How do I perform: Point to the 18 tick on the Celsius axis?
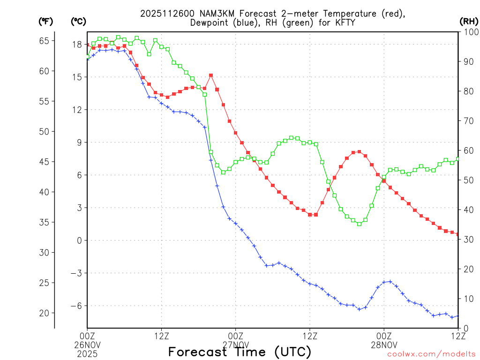point(77,45)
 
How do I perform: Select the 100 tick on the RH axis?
point(469,32)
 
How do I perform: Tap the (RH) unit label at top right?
point(469,21)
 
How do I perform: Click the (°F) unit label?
point(45,21)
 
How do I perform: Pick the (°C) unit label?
point(78,21)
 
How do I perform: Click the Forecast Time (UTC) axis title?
point(240,352)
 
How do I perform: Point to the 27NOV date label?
point(235,344)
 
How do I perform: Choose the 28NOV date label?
point(384,344)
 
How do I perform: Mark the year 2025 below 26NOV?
point(87,352)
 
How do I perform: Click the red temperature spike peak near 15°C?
point(211,75)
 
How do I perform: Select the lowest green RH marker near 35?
point(359,224)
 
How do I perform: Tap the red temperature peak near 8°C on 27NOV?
point(359,151)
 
